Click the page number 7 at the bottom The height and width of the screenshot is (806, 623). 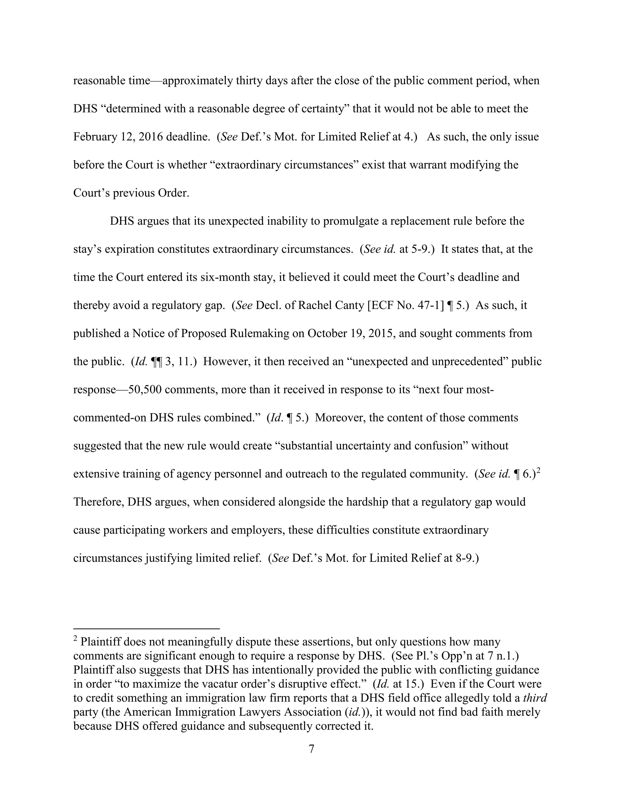311,749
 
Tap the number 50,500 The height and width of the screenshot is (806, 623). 145,390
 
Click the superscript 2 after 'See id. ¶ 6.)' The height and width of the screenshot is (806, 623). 538,471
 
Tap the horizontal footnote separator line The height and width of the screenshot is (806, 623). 147,628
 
